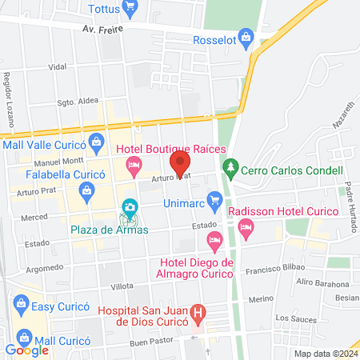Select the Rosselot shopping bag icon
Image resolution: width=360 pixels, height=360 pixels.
click(x=246, y=34)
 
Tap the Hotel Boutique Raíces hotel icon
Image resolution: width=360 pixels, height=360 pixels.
click(x=134, y=166)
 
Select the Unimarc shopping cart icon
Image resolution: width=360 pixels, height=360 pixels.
click(x=214, y=199)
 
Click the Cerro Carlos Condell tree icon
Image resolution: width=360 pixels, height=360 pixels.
click(x=230, y=169)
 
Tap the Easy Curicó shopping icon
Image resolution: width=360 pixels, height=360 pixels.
click(x=21, y=304)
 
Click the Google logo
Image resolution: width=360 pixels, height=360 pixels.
click(x=26, y=350)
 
